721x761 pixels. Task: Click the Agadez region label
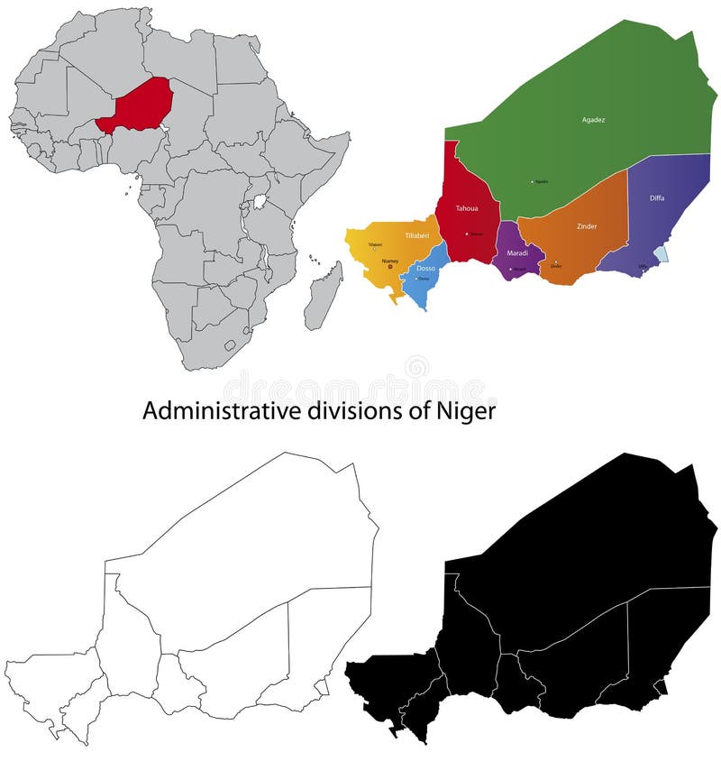[x=592, y=118]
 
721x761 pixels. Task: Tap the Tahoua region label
[x=466, y=208]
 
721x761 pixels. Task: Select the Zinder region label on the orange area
[x=586, y=226]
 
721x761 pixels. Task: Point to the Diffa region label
[x=657, y=197]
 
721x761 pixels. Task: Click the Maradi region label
[x=517, y=252]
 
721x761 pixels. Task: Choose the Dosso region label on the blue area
[x=425, y=268]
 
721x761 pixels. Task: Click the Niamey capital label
[x=389, y=261]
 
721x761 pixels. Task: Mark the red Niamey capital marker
[x=390, y=266]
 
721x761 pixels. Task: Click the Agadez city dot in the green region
[x=533, y=182]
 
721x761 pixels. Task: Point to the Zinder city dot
[x=556, y=261]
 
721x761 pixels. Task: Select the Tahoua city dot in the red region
[x=467, y=234]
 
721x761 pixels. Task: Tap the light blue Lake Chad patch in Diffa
[x=661, y=254]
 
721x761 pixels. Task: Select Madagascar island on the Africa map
[x=323, y=298]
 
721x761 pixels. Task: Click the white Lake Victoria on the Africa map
[x=260, y=201]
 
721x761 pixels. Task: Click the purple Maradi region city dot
[x=511, y=269]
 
